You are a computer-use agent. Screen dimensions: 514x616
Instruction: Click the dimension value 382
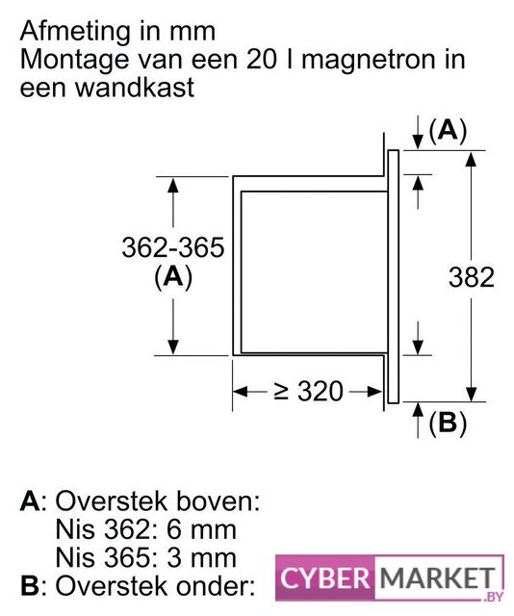coord(472,277)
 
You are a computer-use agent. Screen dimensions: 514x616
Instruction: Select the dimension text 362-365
coord(173,247)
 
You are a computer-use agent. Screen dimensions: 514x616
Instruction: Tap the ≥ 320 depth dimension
coord(308,392)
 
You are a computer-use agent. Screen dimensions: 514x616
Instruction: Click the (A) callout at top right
coord(448,131)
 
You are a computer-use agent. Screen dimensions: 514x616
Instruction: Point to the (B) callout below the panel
coord(448,423)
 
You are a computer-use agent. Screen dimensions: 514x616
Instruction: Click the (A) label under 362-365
coord(173,277)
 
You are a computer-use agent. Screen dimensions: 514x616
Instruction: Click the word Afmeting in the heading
coord(74,33)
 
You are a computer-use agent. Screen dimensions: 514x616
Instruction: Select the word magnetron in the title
coord(368,60)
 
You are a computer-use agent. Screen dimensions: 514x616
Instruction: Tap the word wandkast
coord(135,88)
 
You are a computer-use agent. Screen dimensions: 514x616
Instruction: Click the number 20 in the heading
coord(262,60)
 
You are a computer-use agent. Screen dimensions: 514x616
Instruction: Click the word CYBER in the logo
coord(325,578)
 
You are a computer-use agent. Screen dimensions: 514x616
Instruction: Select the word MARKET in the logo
coord(437,578)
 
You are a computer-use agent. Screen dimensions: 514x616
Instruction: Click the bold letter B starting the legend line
coord(30,586)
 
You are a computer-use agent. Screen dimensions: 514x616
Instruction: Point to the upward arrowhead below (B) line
coord(418,409)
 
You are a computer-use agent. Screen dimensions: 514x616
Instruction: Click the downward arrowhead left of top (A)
coord(418,142)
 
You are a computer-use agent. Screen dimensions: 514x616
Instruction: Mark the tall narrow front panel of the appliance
coord(394,276)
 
